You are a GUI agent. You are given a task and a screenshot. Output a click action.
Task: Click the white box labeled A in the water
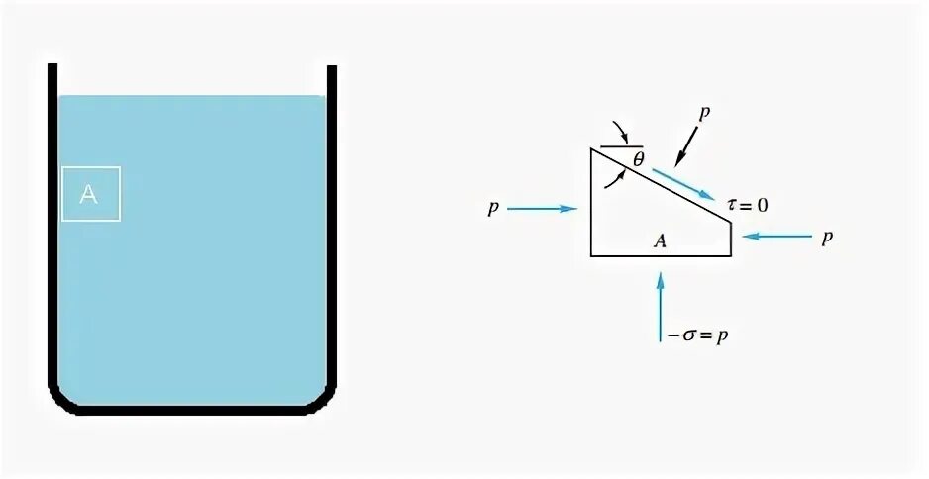pyautogui.click(x=91, y=194)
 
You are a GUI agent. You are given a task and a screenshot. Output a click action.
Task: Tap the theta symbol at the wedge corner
pyautogui.click(x=638, y=158)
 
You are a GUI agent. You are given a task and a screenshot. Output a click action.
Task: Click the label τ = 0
pyautogui.click(x=747, y=205)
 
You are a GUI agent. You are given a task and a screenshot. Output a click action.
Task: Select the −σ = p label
pyautogui.click(x=698, y=335)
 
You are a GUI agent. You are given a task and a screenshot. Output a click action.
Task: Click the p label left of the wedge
pyautogui.click(x=491, y=209)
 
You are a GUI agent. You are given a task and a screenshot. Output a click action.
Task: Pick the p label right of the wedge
pyautogui.click(x=827, y=238)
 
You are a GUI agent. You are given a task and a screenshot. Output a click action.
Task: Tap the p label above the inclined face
pyautogui.click(x=704, y=113)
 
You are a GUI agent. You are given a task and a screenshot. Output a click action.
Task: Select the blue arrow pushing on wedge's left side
pyautogui.click(x=543, y=209)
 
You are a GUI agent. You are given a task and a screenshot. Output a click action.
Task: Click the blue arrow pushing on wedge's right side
pyautogui.click(x=776, y=236)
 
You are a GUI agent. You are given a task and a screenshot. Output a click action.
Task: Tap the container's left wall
pyautogui.click(x=52, y=228)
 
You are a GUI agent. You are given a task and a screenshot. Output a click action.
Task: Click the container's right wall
pyautogui.click(x=332, y=228)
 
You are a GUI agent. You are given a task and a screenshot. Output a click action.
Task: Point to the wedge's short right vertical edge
pyautogui.click(x=731, y=239)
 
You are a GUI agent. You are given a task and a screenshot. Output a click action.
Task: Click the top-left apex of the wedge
pyautogui.click(x=592, y=149)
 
